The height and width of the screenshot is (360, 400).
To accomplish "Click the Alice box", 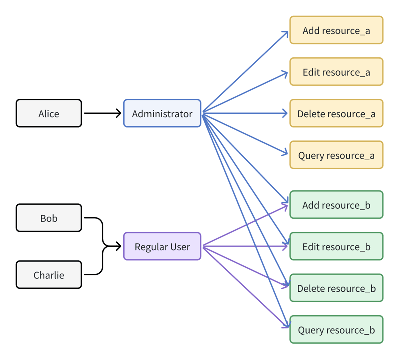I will (x=49, y=113).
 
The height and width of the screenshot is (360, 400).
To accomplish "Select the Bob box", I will (x=49, y=218).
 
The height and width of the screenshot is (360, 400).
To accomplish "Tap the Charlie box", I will (x=49, y=275).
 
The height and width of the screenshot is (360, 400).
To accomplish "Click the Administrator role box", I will (x=162, y=113).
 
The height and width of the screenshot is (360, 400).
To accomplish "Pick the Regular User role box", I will (x=162, y=246).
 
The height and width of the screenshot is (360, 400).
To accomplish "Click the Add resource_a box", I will (x=336, y=30).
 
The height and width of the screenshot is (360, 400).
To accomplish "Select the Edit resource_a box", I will (x=336, y=72).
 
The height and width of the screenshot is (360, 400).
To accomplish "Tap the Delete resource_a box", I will (x=336, y=113).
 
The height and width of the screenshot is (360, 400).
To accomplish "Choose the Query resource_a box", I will (x=336, y=155).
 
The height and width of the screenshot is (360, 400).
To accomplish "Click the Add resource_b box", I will (x=336, y=205).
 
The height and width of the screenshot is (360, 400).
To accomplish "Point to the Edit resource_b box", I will (x=336, y=246).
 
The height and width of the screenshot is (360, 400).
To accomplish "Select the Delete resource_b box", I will (x=336, y=288).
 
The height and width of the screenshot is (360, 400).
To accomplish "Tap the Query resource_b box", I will (x=336, y=329).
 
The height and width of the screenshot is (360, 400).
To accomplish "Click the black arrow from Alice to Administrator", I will (x=102, y=113).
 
